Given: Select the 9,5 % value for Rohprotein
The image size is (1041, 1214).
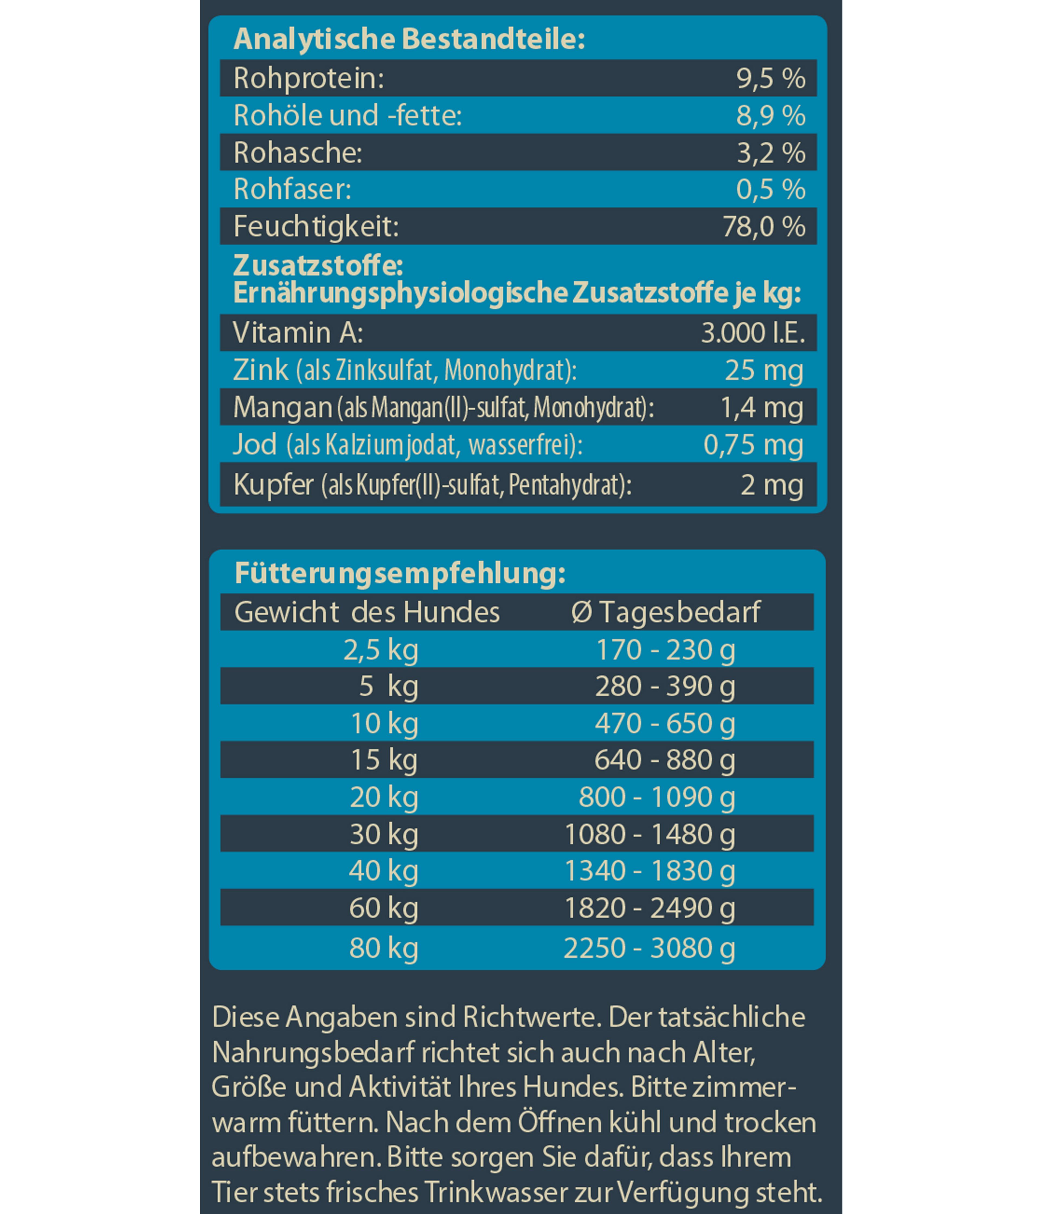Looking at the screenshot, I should [770, 79].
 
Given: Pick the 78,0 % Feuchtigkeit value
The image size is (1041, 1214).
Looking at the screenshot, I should [763, 227].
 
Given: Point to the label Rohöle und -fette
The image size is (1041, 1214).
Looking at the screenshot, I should [348, 115].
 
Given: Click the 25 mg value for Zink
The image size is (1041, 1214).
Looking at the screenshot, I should [764, 370].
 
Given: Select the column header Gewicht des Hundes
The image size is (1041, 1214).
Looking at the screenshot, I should [367, 612].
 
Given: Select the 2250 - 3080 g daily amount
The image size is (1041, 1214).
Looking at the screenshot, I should [649, 949].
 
